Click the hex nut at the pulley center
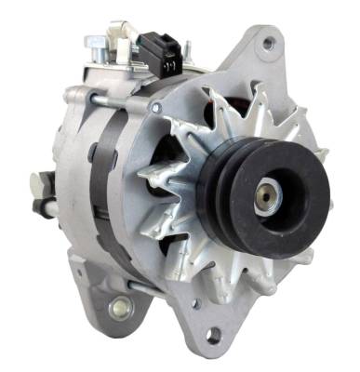pyautogui.click(x=268, y=197)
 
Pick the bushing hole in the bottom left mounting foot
pyautogui.click(x=119, y=306)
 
